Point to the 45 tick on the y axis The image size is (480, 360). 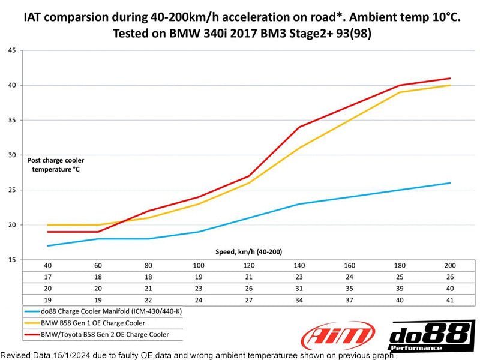coord(11,50)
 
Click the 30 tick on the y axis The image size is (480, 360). coord(11,155)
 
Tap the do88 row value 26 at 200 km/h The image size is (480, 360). coord(450,277)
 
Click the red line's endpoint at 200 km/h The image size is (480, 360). coord(450,78)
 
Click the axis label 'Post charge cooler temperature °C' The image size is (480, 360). coord(56,164)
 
